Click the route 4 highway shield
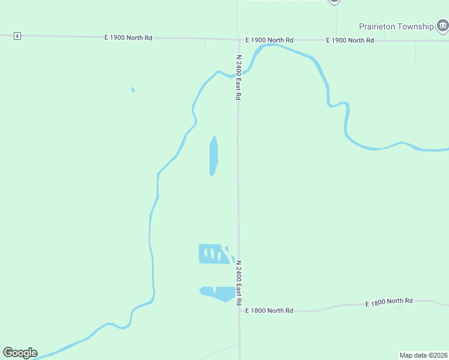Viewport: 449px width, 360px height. pos(17,37)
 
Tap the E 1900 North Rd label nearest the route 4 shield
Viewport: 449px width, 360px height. pos(128,38)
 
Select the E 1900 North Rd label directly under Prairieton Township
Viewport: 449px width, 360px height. pos(350,40)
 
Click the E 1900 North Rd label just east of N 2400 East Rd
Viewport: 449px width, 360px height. pos(269,40)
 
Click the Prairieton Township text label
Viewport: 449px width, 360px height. pos(396,26)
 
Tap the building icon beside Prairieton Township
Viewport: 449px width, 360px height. pos(443,25)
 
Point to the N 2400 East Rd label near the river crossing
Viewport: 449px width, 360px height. pos(238,77)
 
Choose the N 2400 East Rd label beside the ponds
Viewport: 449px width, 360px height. pos(238,282)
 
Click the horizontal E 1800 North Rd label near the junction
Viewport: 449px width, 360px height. pos(269,310)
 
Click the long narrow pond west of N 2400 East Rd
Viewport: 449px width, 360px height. pos(213,155)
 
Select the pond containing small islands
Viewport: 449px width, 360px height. pos(213,254)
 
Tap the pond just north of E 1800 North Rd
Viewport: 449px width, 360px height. pos(219,293)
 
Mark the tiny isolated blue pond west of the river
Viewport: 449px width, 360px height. pos(133,90)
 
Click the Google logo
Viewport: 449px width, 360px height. pos(20,353)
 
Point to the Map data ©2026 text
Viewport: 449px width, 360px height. pos(424,355)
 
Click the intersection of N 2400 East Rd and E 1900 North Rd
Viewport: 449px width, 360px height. pos(238,40)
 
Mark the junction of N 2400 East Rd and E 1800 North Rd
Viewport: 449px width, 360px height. pos(240,311)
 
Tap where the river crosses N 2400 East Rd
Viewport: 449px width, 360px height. pos(238,74)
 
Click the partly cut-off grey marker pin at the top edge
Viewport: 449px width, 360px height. pos(334,2)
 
